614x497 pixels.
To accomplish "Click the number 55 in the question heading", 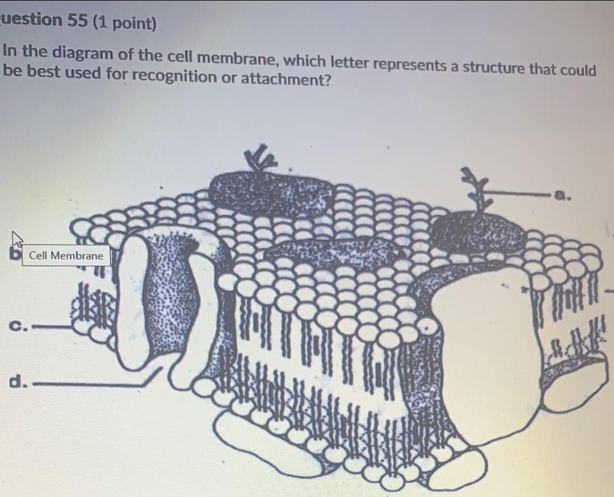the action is [x=77, y=21].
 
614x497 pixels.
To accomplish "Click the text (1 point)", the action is [x=125, y=23].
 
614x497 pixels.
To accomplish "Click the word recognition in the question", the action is [x=174, y=77].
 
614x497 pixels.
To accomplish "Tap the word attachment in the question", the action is [x=285, y=80].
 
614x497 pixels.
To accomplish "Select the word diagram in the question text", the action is [x=82, y=53].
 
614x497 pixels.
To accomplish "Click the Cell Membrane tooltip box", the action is [x=66, y=256].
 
